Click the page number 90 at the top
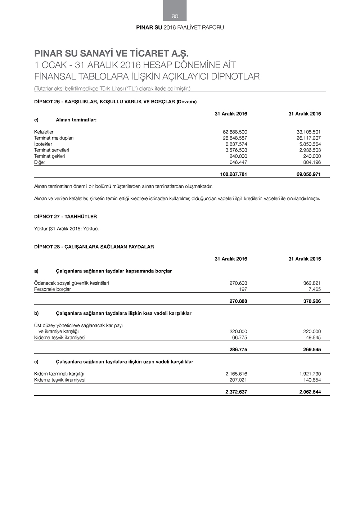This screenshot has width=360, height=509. click(x=175, y=16)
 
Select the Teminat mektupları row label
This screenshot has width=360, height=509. click(x=54, y=138)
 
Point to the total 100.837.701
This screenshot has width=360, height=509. click(x=233, y=175)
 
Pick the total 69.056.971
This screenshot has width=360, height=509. click(x=307, y=175)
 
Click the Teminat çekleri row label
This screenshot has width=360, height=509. click(x=50, y=156)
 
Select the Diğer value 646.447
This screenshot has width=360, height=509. click(x=238, y=162)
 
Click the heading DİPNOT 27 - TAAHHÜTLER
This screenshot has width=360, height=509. click(x=66, y=217)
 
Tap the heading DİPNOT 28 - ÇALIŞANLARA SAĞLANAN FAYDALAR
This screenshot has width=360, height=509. click(x=94, y=247)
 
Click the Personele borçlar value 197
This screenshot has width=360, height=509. click(x=243, y=289)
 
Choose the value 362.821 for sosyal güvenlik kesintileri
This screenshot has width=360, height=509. click(x=312, y=283)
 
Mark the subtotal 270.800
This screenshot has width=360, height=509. click(x=238, y=301)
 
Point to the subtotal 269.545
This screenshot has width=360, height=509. click(x=312, y=350)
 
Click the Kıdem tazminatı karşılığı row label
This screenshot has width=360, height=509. click(x=59, y=374)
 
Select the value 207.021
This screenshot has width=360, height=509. click(x=238, y=380)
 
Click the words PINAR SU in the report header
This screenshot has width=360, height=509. click(x=149, y=28)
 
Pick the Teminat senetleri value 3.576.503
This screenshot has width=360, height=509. click(x=236, y=150)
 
